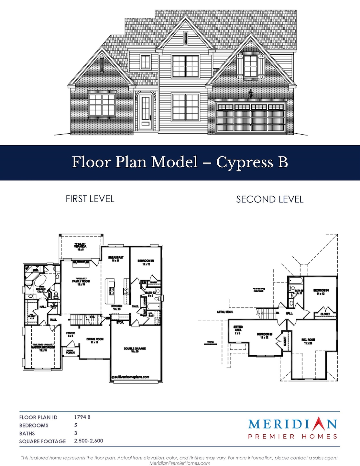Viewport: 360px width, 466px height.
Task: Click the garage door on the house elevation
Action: [250, 117]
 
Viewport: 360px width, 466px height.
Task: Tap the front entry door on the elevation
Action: [146, 111]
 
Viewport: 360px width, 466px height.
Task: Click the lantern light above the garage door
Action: [250, 93]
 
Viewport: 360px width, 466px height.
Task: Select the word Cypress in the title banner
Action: [244, 162]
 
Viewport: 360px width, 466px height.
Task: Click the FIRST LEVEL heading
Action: [90, 199]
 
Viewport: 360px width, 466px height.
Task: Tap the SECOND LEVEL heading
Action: [270, 199]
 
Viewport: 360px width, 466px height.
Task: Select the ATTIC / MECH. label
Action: [225, 312]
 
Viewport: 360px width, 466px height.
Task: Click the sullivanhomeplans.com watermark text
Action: [130, 377]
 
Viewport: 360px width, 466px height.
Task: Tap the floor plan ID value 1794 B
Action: [82, 417]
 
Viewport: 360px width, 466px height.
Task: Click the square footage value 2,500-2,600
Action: [89, 441]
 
